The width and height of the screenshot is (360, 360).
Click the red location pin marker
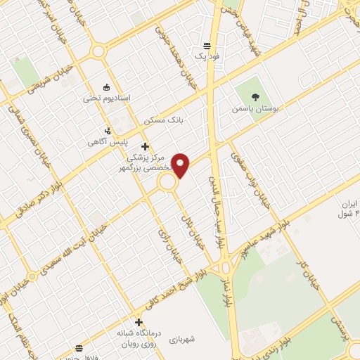pos(181,165)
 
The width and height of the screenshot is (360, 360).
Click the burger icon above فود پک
pos(207,42)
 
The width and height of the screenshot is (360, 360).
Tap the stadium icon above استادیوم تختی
pos(106,87)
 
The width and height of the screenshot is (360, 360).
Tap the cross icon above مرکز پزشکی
pos(146,147)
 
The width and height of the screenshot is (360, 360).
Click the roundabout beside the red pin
pos(167,182)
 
